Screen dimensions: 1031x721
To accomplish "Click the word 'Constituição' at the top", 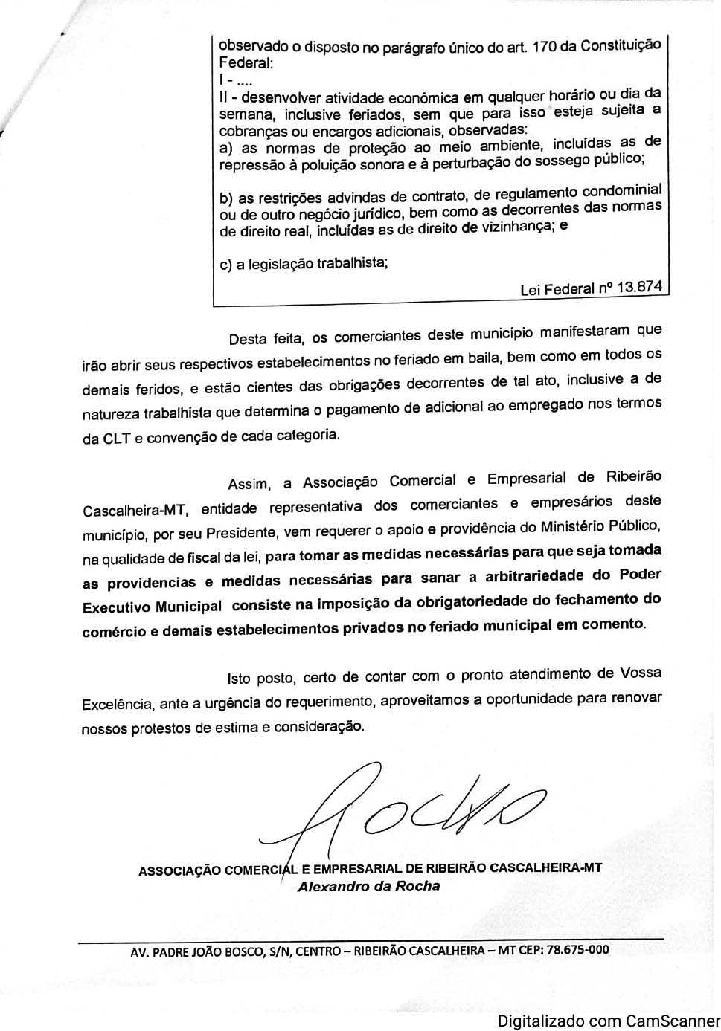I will pyautogui.click(x=621, y=45).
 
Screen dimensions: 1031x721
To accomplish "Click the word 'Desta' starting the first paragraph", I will pyautogui.click(x=247, y=340).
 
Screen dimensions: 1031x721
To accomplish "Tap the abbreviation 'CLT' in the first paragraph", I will pyautogui.click(x=117, y=438).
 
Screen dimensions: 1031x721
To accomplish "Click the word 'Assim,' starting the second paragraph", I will pyautogui.click(x=249, y=484).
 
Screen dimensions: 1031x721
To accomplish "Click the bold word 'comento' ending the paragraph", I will pyautogui.click(x=615, y=624).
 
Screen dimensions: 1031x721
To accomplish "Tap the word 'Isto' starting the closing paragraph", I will pyautogui.click(x=238, y=678).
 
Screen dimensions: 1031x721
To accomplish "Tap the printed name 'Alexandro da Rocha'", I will pyautogui.click(x=368, y=886).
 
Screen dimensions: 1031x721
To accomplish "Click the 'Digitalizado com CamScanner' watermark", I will pyautogui.click(x=609, y=1021).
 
